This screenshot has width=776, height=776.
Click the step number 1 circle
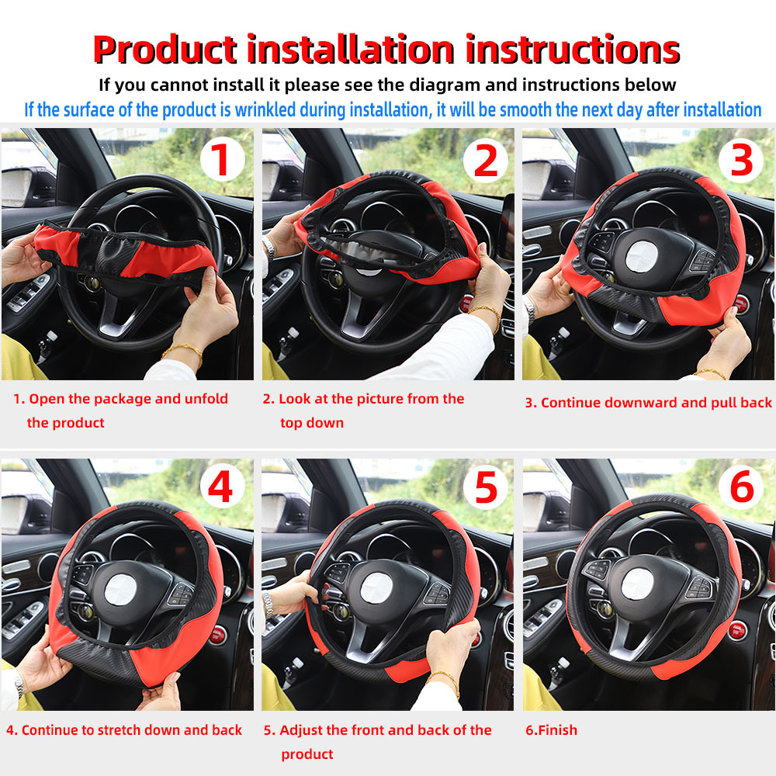pos(222,161)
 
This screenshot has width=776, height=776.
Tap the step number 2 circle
pos(485,161)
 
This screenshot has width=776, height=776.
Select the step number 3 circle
pos(741,161)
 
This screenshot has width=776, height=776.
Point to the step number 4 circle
pos(222,488)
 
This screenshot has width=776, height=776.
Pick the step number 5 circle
pos(485,488)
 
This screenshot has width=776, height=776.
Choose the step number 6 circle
pos(741,488)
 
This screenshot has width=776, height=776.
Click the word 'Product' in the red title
pos(165,50)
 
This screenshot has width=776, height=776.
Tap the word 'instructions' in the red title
pos(573,50)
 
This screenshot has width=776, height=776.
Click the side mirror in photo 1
pos(17,188)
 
